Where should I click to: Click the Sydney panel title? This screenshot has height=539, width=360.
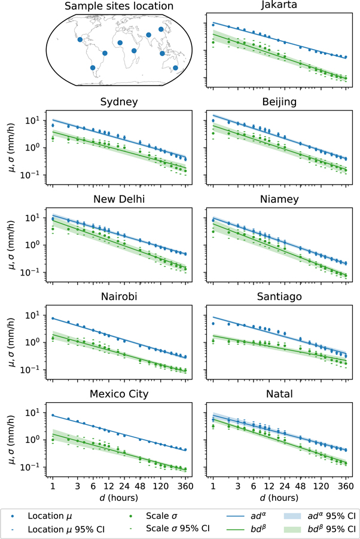coord(119,102)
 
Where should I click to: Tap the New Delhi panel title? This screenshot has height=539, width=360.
coord(119,199)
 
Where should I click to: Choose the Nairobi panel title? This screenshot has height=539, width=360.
coord(119,296)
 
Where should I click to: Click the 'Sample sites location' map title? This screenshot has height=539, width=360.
coord(119,7)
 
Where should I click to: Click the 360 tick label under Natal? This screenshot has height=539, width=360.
coord(346,486)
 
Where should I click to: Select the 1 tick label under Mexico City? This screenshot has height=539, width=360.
coord(53,486)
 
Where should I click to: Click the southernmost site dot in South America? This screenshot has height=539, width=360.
coord(92,68)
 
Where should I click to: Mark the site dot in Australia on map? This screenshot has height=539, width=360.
coord(175,68)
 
